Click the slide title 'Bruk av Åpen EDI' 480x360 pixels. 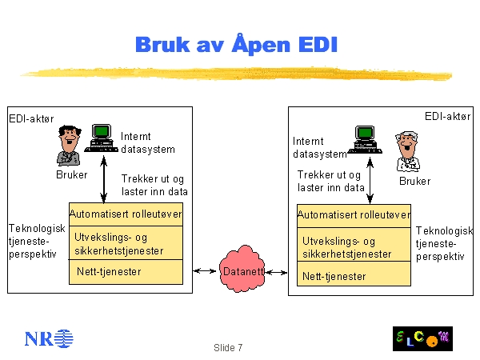237,44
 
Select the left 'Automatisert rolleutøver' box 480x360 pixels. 126,214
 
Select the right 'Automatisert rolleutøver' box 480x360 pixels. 354,215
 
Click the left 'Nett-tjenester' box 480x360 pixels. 126,272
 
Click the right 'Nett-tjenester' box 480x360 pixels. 354,276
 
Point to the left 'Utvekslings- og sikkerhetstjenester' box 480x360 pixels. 126,243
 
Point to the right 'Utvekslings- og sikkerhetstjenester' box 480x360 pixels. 354,246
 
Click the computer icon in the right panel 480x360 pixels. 365,138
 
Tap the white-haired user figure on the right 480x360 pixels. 408,152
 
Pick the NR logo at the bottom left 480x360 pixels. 48,338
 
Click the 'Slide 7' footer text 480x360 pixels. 228,348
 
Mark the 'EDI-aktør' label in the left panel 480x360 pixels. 32,118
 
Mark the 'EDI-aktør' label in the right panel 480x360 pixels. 447,116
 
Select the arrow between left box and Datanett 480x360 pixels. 206,272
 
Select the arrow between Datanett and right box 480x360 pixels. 278,273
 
